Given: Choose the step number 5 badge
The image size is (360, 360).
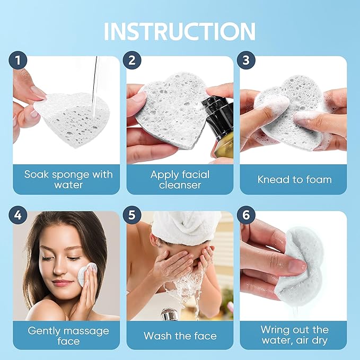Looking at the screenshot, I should tap(131, 216).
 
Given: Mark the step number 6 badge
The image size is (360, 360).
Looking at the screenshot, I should tap(245, 216).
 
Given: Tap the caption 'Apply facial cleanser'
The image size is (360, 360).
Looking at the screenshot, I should tap(180, 180).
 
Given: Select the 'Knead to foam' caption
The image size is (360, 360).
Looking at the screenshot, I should tap(294, 179).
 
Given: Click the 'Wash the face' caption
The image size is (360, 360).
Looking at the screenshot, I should tap(180, 336).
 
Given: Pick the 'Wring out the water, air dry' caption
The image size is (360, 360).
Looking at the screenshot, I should tap(294, 336).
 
